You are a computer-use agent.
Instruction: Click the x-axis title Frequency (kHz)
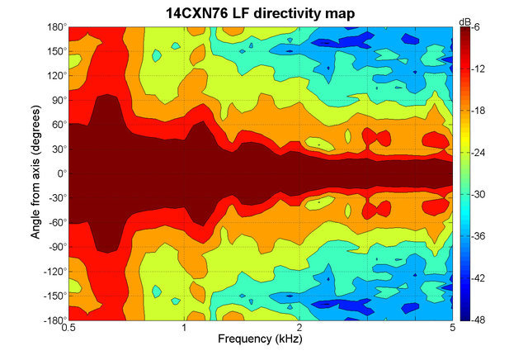coord(260,339)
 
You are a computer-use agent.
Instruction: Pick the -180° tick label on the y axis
coord(55,320)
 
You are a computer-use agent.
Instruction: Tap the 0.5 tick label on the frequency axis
coord(69,329)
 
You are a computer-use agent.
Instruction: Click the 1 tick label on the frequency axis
coord(184,329)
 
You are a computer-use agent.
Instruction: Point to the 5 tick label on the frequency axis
coord(452,329)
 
